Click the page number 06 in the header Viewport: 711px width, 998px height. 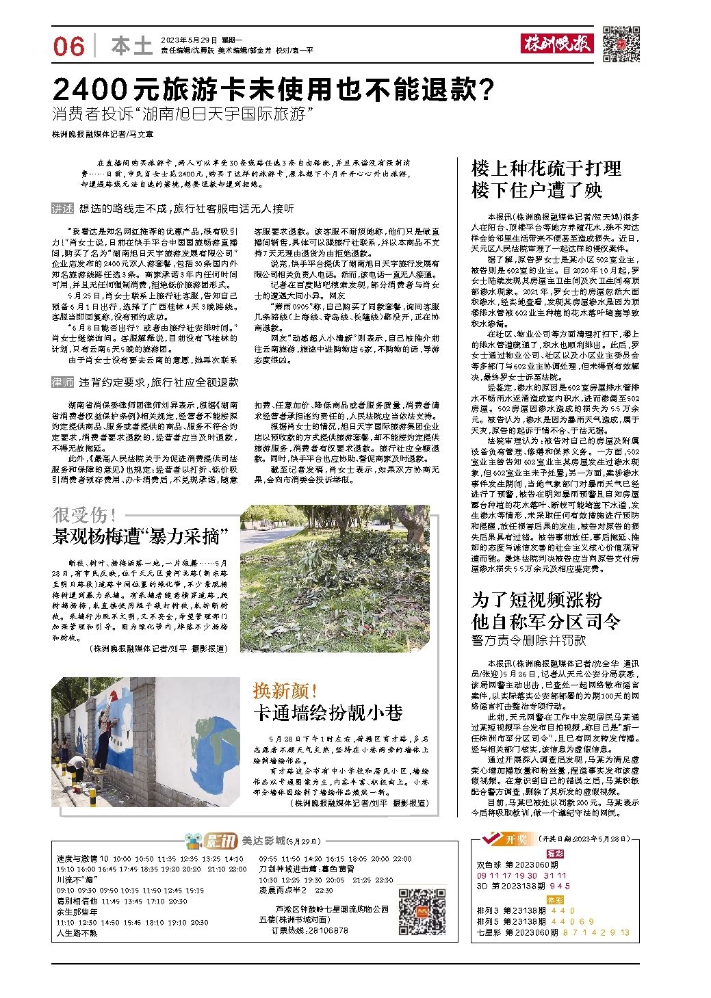68,46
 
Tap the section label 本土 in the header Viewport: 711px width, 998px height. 131,46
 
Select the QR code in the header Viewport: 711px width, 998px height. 621,44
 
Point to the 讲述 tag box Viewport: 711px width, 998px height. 63,208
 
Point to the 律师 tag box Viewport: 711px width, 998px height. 63,382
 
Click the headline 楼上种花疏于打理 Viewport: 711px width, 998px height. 546,168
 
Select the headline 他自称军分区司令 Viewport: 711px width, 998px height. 546,622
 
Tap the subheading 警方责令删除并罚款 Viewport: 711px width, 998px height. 528,641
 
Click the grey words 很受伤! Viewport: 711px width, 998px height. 85,515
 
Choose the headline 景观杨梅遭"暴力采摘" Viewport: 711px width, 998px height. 140,536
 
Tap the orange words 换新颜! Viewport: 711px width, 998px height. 285,690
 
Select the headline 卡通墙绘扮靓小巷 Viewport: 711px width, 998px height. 328,711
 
